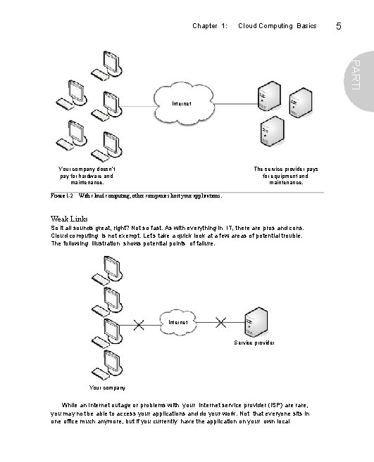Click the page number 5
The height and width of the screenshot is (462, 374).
(339, 26)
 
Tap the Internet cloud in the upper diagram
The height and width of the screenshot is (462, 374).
(182, 105)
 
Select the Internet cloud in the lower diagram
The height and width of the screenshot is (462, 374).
(178, 322)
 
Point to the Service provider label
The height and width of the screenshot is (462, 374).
(254, 342)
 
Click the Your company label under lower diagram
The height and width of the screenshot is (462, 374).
(107, 387)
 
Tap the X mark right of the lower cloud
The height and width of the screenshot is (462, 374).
(220, 322)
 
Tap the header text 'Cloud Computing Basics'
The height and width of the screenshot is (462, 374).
(278, 26)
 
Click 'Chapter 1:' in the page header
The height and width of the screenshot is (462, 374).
(209, 26)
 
